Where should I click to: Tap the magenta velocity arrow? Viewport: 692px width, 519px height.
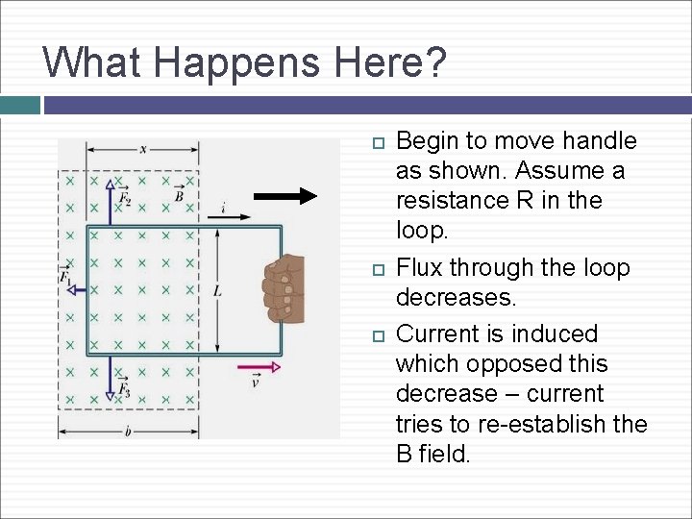(259, 366)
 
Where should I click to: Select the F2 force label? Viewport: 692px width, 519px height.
(124, 199)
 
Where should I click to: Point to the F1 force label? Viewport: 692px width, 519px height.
(65, 277)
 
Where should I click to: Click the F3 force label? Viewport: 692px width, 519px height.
(124, 388)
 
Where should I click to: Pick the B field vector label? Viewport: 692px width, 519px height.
(179, 196)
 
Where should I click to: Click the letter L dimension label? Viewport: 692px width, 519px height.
(217, 289)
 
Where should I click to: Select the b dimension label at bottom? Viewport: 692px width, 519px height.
(127, 432)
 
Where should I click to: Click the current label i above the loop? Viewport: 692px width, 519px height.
(223, 206)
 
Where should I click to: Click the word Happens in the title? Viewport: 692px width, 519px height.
(228, 62)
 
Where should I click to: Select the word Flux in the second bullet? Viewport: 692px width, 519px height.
(419, 267)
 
